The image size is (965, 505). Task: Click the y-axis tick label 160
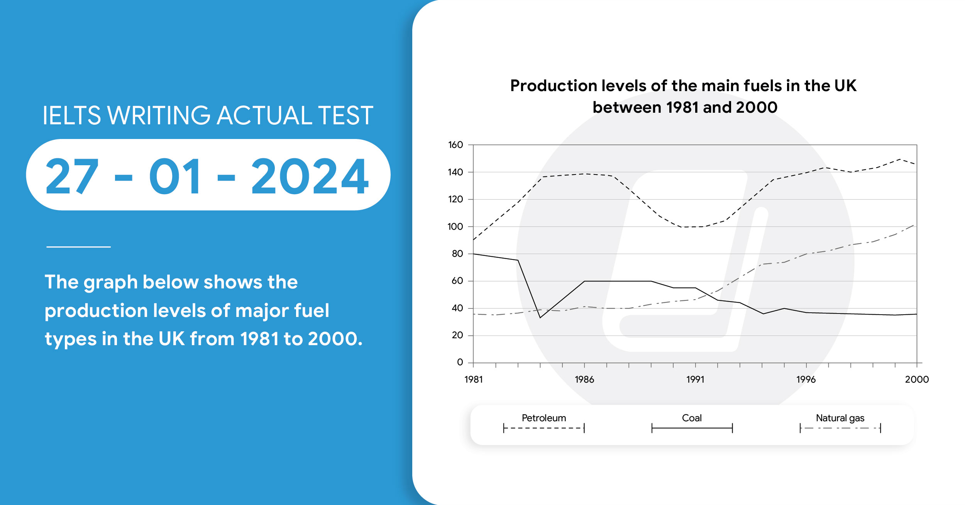point(455,145)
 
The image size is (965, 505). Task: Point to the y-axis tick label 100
point(455,227)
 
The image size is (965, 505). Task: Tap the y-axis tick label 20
point(457,335)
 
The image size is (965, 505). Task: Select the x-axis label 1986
point(584,380)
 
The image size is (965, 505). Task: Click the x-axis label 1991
point(695,380)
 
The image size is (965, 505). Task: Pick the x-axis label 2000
point(917,380)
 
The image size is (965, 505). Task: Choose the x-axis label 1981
point(473,380)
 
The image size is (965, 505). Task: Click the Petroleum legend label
point(543,418)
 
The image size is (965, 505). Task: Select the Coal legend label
point(692,418)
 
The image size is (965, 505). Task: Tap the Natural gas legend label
point(840,418)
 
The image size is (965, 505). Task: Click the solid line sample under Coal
point(692,428)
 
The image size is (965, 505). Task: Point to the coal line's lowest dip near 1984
point(540,318)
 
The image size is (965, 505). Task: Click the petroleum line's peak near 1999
point(900,159)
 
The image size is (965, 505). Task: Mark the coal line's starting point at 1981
point(474,254)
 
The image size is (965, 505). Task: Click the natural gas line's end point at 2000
point(914,225)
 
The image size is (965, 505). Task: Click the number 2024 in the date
point(310,176)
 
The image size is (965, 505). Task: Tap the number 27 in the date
point(72,176)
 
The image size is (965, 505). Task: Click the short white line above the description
point(78,247)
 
